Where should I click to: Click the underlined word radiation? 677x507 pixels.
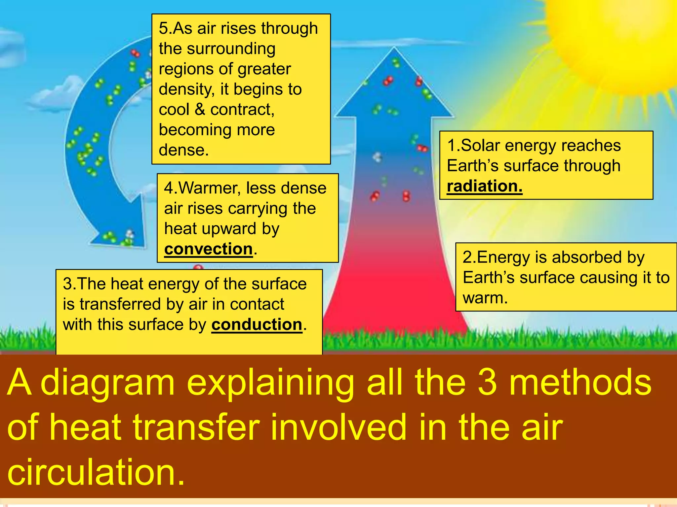point(484,186)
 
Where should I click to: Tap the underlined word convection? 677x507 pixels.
point(208,249)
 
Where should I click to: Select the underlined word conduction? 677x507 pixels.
point(257,324)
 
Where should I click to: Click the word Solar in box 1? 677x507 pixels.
point(483,146)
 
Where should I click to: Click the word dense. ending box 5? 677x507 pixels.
point(184,150)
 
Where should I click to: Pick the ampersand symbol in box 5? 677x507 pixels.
point(200,110)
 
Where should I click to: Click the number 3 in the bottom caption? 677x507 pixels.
point(487,383)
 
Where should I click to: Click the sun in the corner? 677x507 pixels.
point(621,36)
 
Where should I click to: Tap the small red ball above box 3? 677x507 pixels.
point(198,267)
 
